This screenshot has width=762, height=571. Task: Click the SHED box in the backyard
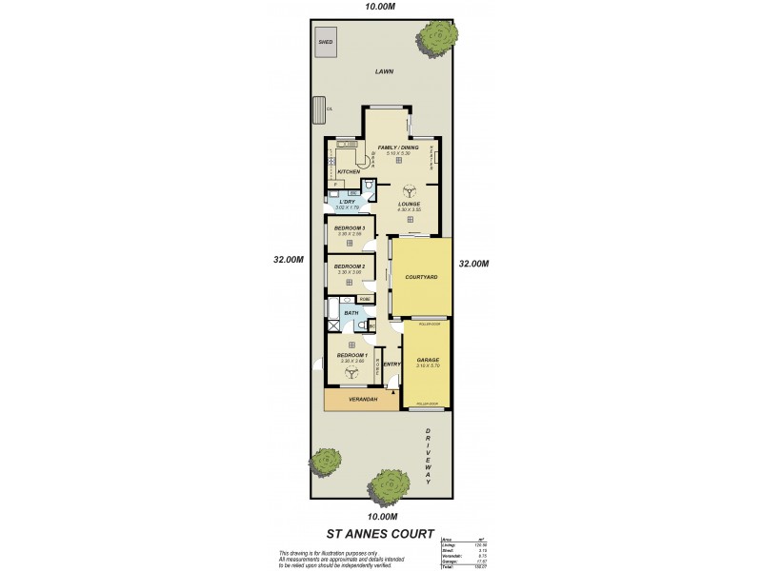tap(326, 41)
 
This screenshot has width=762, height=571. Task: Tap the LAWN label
tap(384, 70)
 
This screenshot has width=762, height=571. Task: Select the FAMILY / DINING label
tap(398, 148)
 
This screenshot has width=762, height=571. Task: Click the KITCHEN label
tap(349, 172)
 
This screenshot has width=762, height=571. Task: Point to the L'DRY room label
tap(347, 202)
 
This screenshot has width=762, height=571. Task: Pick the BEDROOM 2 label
tap(350, 266)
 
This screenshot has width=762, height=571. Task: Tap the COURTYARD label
tap(421, 277)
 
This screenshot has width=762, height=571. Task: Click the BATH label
tap(351, 312)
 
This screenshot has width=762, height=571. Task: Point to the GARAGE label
tap(427, 361)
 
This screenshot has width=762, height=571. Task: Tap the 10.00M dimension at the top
tap(380, 7)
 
